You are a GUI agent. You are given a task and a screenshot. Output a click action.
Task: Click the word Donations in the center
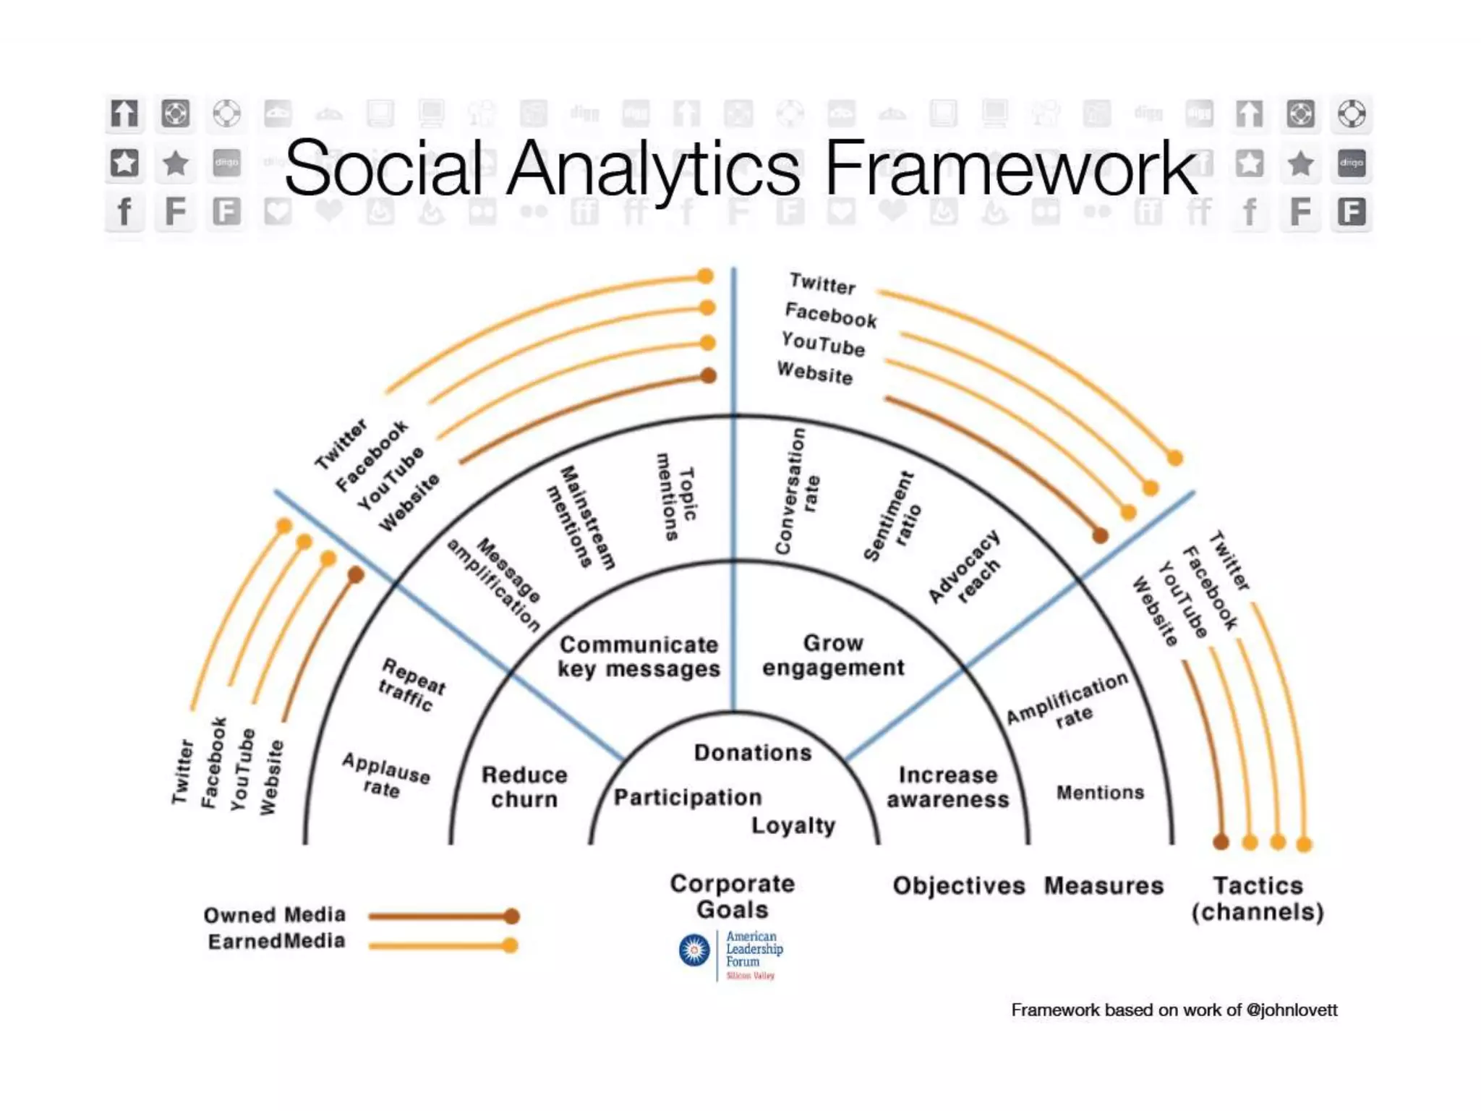pyautogui.click(x=752, y=753)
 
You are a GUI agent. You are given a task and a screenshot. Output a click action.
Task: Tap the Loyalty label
pyautogui.click(x=793, y=825)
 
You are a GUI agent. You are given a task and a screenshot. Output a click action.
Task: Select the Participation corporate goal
pyautogui.click(x=688, y=797)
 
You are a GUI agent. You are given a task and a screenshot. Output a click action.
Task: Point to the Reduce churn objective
pyautogui.click(x=524, y=787)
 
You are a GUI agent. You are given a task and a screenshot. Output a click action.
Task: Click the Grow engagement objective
pyautogui.click(x=833, y=655)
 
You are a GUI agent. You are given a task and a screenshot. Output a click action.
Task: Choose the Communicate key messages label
pyautogui.click(x=639, y=657)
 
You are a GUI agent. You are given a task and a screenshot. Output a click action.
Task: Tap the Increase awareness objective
pyautogui.click(x=947, y=787)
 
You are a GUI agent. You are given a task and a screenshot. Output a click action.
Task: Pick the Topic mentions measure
pyautogui.click(x=677, y=496)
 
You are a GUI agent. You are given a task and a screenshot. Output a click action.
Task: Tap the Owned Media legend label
pyautogui.click(x=274, y=915)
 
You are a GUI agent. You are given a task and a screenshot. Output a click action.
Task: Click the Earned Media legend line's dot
pyautogui.click(x=510, y=945)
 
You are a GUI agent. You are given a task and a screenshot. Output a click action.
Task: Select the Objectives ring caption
pyautogui.click(x=958, y=886)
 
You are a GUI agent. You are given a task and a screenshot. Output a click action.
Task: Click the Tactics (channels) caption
pyautogui.click(x=1258, y=898)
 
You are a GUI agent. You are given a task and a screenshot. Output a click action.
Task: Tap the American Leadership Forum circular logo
pyautogui.click(x=694, y=950)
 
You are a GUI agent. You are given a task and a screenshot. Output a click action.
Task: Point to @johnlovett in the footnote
pyautogui.click(x=1292, y=1010)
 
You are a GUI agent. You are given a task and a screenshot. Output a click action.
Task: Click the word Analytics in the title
pyautogui.click(x=653, y=170)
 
